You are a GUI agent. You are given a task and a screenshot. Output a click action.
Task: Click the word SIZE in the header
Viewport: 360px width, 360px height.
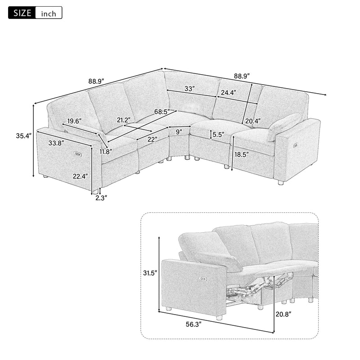point(21,13)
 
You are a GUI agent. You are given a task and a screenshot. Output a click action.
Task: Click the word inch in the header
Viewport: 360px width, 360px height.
point(49,13)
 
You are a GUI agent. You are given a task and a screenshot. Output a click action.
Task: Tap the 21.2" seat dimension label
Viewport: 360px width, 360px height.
point(125,120)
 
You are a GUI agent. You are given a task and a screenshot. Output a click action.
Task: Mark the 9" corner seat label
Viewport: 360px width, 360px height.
point(179,132)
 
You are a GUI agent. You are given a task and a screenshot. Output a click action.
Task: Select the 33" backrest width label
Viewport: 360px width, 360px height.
point(189,89)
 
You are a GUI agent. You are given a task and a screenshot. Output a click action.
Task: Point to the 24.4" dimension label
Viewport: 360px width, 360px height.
point(228,93)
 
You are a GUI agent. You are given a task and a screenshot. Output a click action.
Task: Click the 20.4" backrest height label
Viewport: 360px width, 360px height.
point(253,121)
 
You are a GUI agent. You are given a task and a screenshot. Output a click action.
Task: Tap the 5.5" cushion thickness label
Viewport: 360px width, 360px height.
point(218,134)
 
